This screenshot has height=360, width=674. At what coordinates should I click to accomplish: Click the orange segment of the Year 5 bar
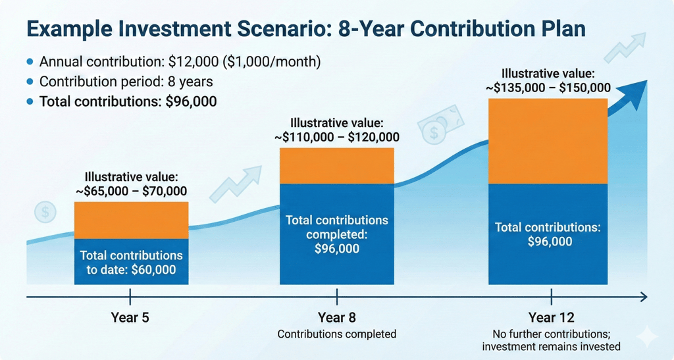(x=131, y=220)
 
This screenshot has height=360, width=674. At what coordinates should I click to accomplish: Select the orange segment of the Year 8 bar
(x=336, y=165)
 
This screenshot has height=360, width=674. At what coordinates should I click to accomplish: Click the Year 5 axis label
(x=130, y=317)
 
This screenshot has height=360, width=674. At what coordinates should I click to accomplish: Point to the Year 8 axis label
(x=337, y=317)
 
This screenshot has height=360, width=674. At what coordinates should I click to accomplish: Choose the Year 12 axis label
(x=551, y=317)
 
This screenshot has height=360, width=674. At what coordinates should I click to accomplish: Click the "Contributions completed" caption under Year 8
(x=337, y=334)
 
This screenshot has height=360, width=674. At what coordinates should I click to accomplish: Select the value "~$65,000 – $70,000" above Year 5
(x=131, y=192)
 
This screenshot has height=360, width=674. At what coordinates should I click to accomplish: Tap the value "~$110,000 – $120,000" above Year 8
(x=337, y=138)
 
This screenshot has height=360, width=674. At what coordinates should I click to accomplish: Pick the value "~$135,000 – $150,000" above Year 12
(x=548, y=87)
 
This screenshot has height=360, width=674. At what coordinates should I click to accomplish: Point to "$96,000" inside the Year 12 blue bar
(x=550, y=242)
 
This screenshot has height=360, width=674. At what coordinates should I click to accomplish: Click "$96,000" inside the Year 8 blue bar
(x=337, y=248)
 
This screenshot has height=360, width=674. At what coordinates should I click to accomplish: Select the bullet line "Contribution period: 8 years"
(x=125, y=82)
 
